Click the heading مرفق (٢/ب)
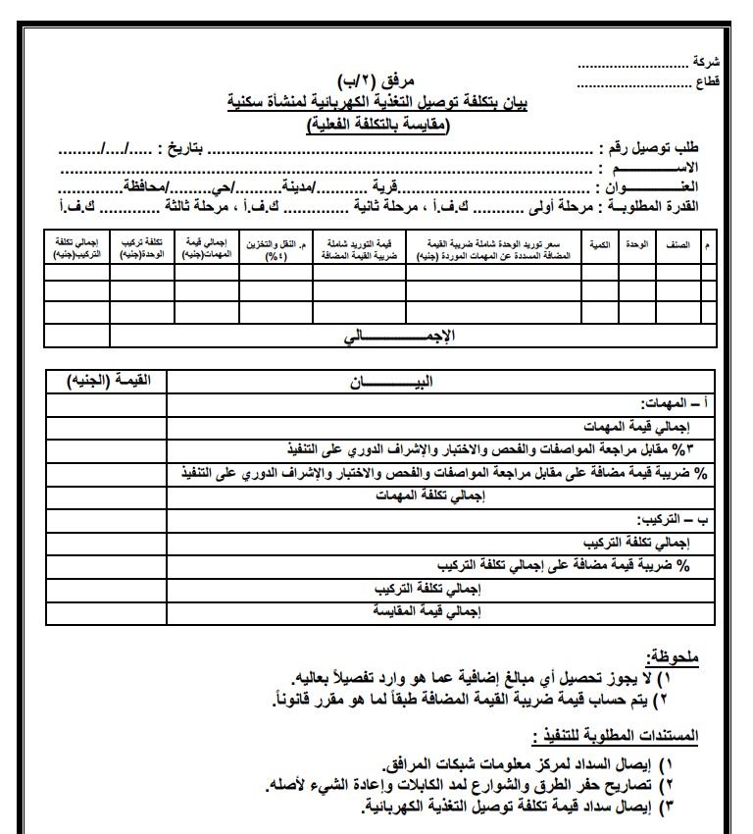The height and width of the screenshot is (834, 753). [x=376, y=80]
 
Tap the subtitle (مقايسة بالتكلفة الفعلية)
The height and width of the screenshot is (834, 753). [x=376, y=124]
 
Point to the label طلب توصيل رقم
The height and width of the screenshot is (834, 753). [x=653, y=149]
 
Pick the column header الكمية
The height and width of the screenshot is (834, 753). [x=599, y=241]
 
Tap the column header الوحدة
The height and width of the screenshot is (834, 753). [x=636, y=241]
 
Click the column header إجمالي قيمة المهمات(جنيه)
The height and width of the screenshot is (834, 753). [x=207, y=247]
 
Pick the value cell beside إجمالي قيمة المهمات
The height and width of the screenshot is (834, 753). [x=106, y=427]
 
